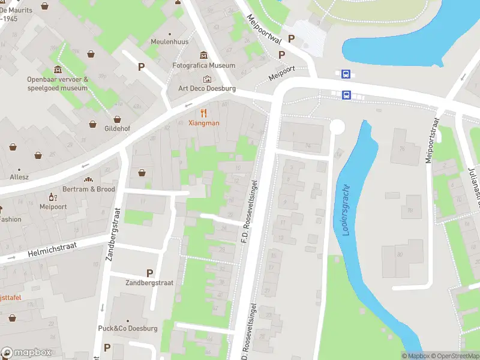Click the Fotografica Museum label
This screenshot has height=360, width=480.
pos(203,65)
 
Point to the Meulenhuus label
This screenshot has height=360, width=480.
pos(170,42)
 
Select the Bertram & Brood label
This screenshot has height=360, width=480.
pos(89,189)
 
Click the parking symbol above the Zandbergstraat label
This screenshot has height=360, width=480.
pos(149,272)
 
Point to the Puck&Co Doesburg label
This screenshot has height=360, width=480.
pos(128,328)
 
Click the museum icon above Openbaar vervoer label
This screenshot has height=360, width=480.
pos(57,70)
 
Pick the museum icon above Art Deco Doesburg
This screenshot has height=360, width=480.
pos(207,79)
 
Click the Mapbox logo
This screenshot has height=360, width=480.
pos(26,353)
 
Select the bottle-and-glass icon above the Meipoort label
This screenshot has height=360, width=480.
pos(52,197)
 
